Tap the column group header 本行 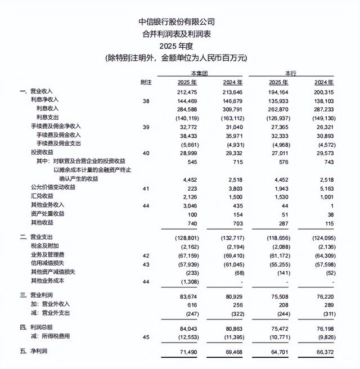291,74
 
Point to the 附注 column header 146,83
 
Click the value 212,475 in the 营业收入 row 185,91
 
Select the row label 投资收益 43,153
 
